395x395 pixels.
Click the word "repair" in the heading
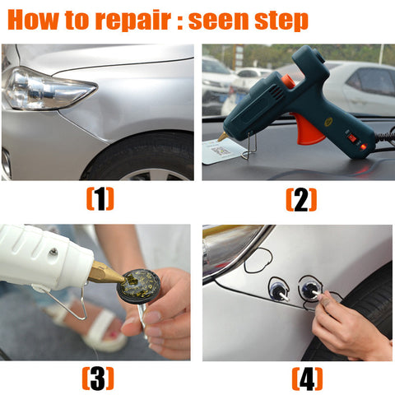[x=132, y=21]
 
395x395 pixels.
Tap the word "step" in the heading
[x=281, y=21]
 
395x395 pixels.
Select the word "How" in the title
[x=33, y=19]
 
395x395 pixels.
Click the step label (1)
[x=100, y=199]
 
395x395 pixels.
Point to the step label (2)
[x=301, y=200]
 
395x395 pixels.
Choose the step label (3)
[x=98, y=379]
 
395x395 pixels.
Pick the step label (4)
[x=307, y=379]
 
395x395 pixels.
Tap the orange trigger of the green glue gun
[x=307, y=129]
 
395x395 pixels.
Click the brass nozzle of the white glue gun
[x=105, y=273]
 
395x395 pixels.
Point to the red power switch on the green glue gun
[x=352, y=137]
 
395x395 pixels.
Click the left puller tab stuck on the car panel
[x=277, y=290]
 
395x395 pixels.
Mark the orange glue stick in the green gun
[x=288, y=81]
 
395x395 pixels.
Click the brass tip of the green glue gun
[x=223, y=137]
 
